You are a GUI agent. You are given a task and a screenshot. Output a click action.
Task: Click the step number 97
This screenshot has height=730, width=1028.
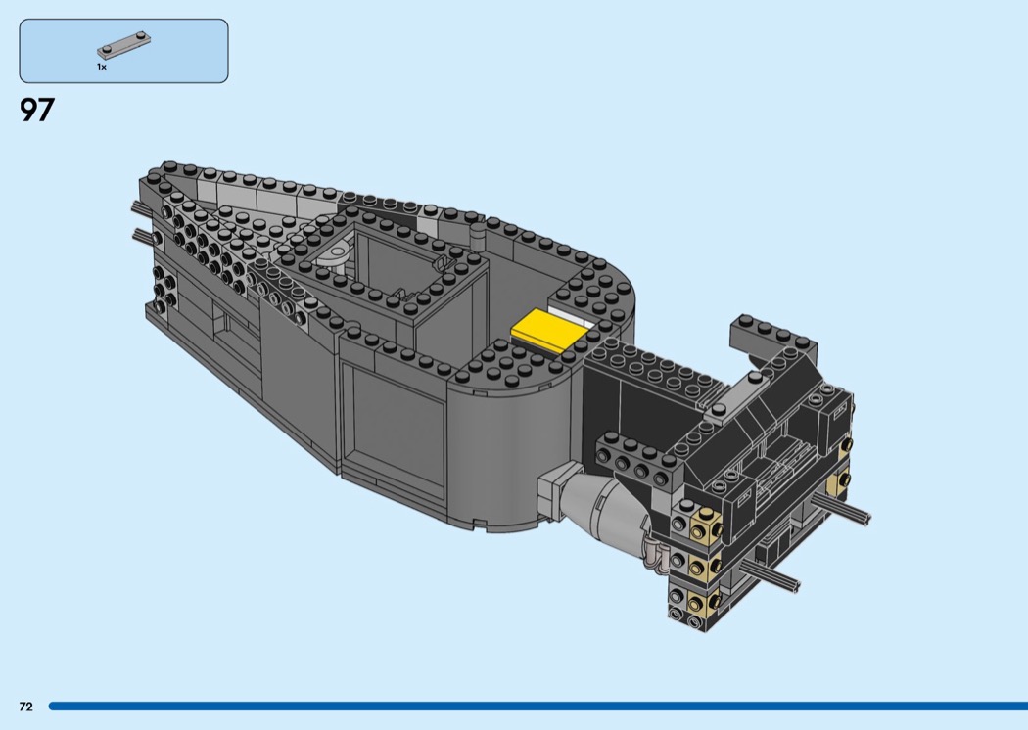37,111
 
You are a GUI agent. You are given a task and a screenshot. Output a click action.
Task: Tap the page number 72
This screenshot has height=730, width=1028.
26,707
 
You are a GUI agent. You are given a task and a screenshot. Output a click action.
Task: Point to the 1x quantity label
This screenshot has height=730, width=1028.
102,67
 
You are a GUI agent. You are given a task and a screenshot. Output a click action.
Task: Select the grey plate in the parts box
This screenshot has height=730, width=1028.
124,46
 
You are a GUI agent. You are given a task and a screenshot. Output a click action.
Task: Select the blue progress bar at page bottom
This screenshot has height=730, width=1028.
538,707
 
